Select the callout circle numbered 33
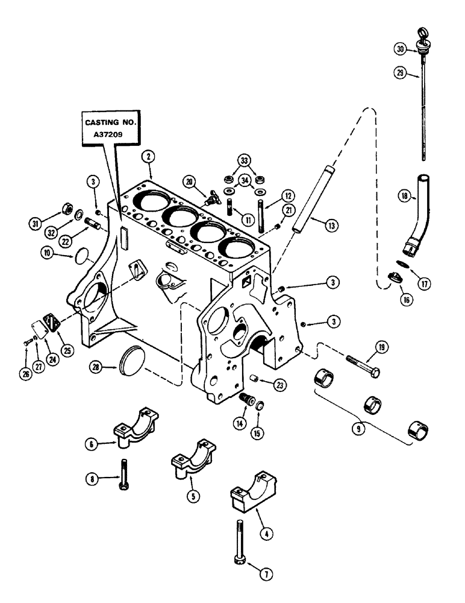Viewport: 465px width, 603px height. [x=243, y=160]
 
